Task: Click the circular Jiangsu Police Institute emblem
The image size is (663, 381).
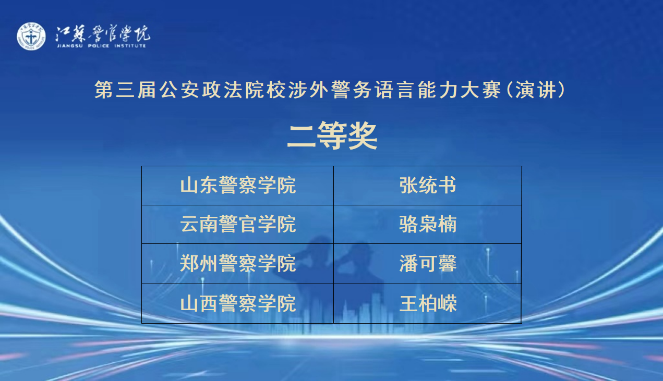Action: point(31,36)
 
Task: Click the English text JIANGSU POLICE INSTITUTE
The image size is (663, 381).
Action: point(101,46)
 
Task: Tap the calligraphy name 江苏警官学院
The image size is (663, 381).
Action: point(103,33)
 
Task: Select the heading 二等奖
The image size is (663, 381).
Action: point(332,136)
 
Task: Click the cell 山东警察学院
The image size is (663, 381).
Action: point(238,186)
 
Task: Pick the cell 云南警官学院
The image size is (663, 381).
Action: point(238,224)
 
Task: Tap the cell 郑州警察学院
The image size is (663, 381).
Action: point(238,263)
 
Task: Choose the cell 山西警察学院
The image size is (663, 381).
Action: point(238,303)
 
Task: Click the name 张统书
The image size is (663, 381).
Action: point(428,186)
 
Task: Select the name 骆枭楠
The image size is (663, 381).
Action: point(428,224)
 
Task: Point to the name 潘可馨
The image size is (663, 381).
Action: point(428,263)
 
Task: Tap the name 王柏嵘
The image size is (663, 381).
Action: point(428,303)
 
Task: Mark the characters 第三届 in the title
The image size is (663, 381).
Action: point(125,90)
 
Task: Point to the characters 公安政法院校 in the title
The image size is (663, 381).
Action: point(222,90)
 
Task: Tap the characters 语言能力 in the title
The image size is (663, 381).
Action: point(416,90)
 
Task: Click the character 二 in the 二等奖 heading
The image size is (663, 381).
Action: point(302,136)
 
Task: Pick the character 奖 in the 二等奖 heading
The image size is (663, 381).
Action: point(363,136)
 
